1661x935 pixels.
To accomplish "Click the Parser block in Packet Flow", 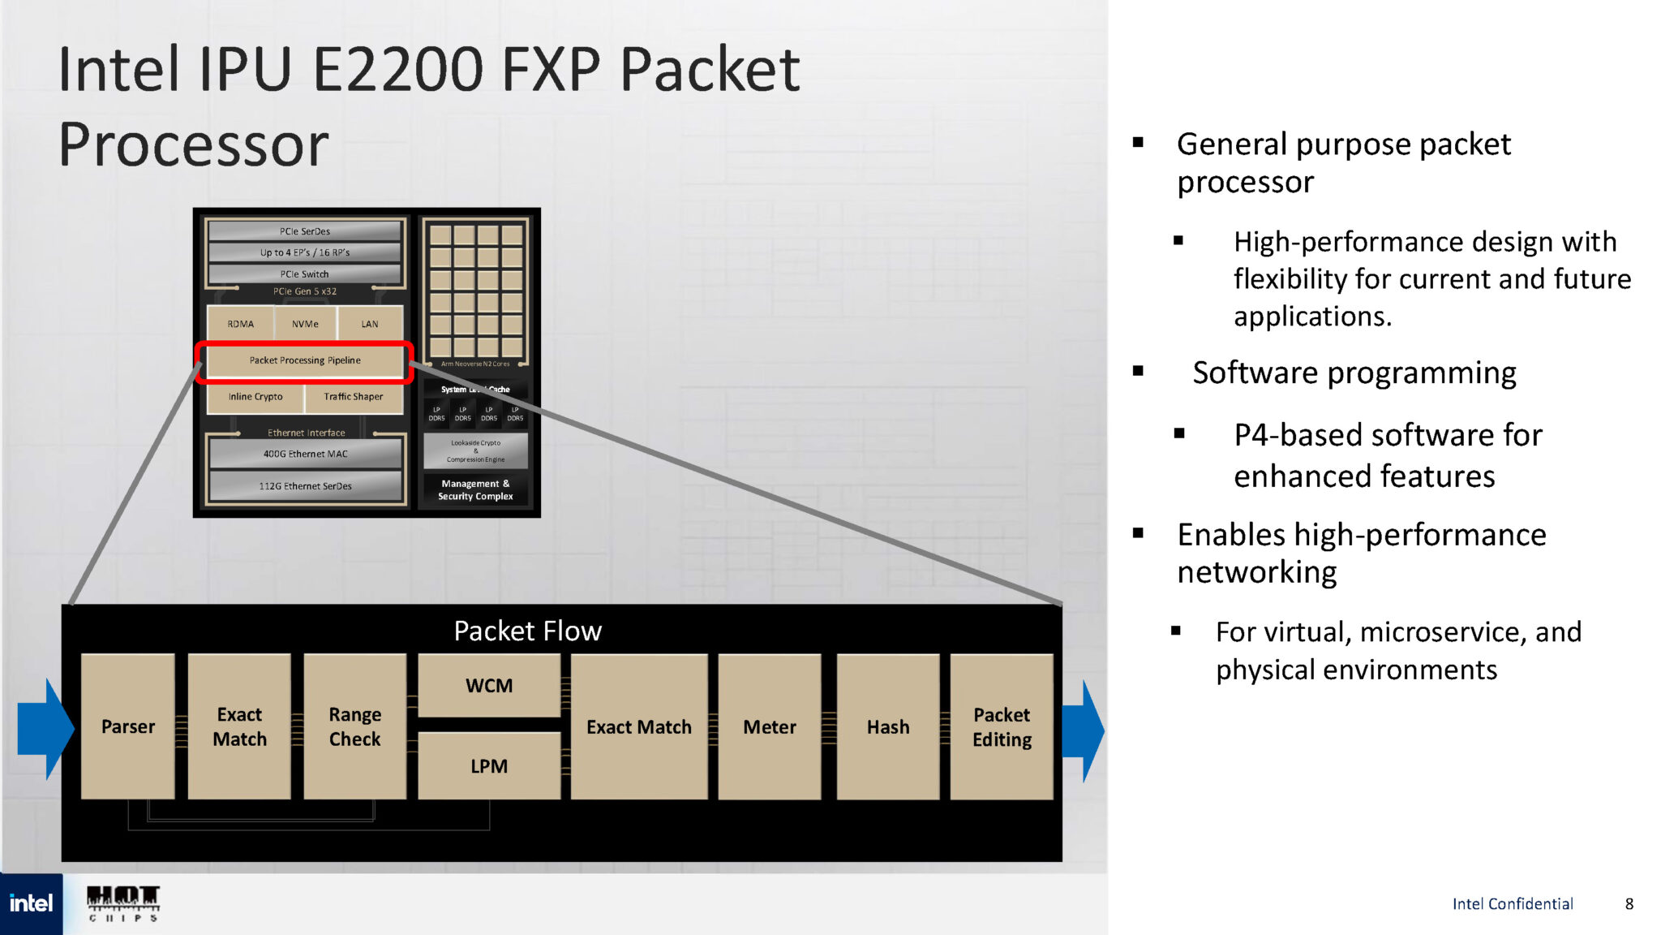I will tap(128, 726).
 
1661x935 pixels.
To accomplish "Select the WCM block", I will tap(489, 686).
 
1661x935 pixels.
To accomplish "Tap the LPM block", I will tap(489, 765).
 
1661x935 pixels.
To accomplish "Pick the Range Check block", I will tap(354, 726).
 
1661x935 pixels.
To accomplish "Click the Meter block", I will tap(769, 726).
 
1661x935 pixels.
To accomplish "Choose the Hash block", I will tap(888, 726).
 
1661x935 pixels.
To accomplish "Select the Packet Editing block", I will tap(1002, 726).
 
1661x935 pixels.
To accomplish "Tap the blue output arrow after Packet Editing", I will tap(1084, 730).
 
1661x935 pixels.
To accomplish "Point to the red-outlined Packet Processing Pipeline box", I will tap(305, 360).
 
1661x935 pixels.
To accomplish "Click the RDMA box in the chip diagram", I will tap(241, 324).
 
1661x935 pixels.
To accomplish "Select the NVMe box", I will tap(305, 324).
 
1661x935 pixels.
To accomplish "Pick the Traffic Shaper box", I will tap(354, 397).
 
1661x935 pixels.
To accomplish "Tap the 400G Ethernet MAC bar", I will tap(305, 454).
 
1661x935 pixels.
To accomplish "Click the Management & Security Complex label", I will tap(475, 489).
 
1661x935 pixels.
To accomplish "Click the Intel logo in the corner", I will tap(31, 903).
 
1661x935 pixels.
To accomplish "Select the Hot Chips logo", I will tap(123, 903).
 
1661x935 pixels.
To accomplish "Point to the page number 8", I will tap(1629, 903).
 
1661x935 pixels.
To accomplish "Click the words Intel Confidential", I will tap(1512, 903).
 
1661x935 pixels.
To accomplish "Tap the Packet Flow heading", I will tap(527, 631).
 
